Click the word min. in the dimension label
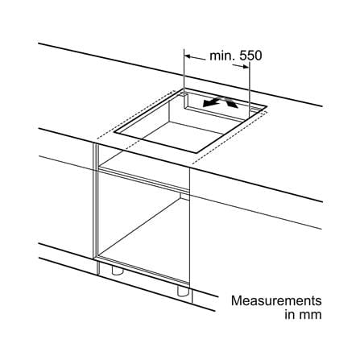pos(222,56)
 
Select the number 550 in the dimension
pos(250,56)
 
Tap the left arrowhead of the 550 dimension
pos(188,56)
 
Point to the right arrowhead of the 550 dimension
pos(246,67)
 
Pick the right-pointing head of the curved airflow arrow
pos(233,104)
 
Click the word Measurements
pos(276,300)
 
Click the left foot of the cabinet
pos(117,271)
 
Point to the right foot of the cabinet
pos(182,291)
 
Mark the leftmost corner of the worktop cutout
pos(114,132)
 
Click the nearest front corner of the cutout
pos(197,153)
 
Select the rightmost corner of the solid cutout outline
pos(267,106)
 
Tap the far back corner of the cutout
pos(184,89)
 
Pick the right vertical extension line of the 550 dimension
pos(250,89)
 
